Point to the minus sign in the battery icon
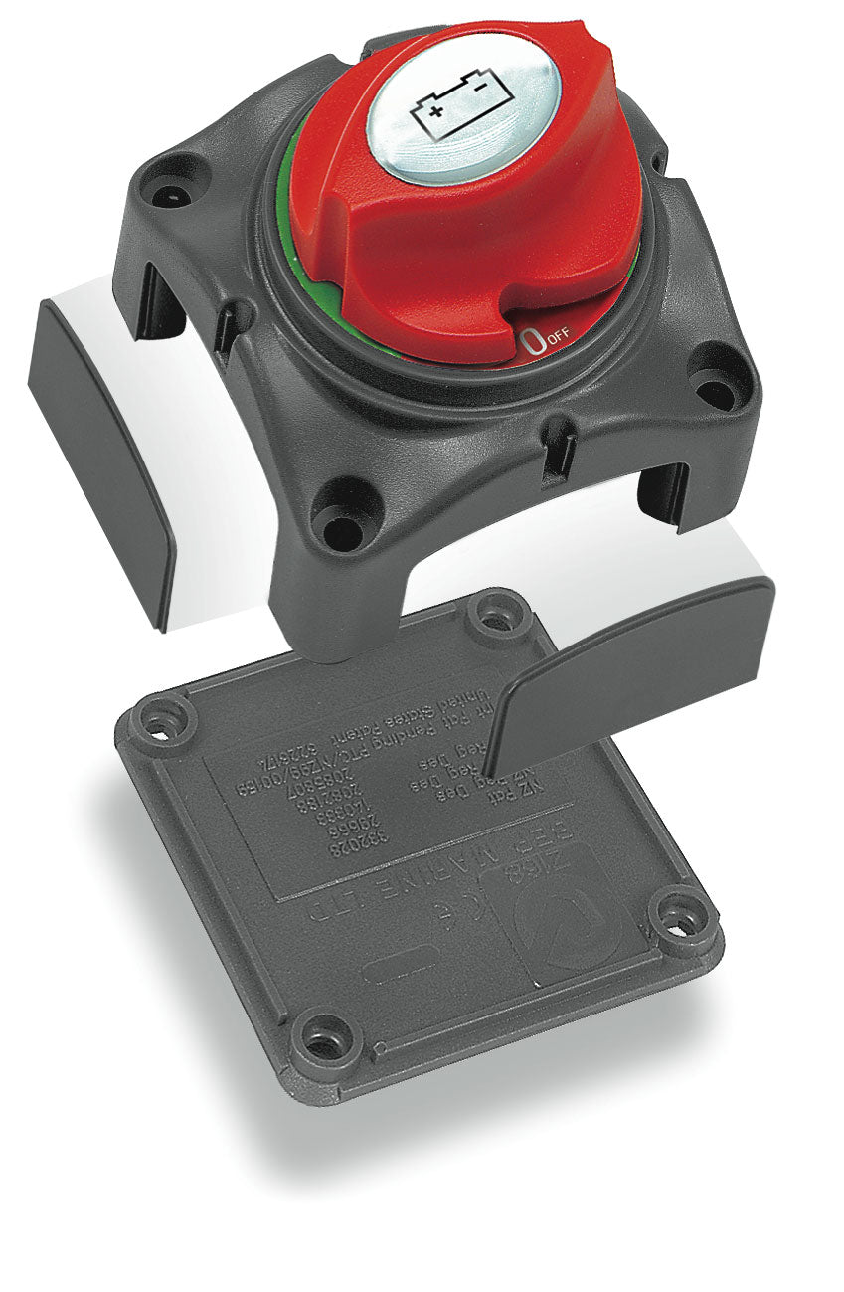(x=481, y=89)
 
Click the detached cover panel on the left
(x=99, y=458)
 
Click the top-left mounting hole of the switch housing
(x=172, y=192)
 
